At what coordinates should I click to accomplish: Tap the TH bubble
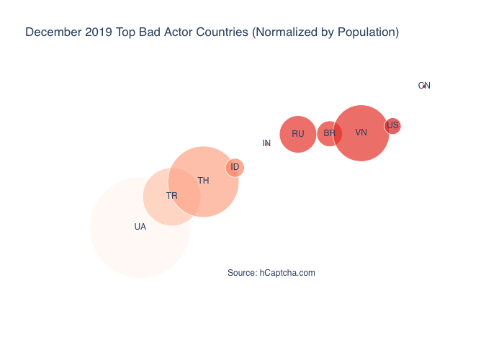(x=204, y=181)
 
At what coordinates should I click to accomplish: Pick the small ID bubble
(x=235, y=167)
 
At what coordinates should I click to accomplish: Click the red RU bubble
(x=298, y=134)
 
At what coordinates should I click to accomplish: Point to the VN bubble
(x=361, y=132)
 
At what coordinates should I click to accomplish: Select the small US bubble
(x=393, y=125)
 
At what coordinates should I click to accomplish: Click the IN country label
(x=266, y=143)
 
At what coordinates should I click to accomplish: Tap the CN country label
(x=424, y=86)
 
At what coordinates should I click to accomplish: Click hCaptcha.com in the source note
(x=287, y=273)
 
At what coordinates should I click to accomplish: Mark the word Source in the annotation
(x=241, y=273)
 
